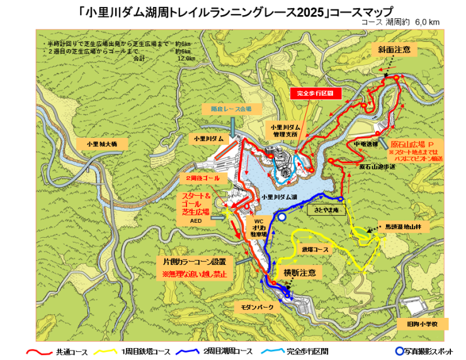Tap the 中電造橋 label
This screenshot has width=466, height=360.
365,143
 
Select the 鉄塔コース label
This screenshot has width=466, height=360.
315,249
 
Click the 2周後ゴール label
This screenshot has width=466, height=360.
202,179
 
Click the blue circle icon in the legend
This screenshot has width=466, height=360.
399,351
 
